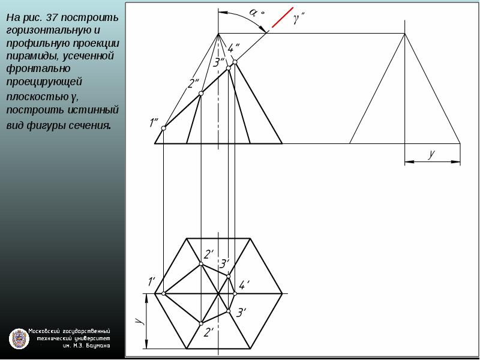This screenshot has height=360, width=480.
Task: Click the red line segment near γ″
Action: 283,17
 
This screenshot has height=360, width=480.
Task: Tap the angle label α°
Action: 256,12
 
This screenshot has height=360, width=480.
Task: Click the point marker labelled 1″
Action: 163,128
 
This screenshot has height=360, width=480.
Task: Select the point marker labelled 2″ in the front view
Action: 201,94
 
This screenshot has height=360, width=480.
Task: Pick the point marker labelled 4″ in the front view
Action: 235,62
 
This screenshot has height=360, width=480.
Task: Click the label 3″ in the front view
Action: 219,62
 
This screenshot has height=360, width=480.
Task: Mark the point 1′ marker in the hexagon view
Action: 163,293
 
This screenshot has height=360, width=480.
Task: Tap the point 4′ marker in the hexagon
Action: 235,293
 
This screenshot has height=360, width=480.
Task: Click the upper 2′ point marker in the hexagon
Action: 201,264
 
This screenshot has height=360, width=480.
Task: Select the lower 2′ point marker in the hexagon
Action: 201,323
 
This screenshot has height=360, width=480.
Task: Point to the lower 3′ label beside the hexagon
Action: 242,313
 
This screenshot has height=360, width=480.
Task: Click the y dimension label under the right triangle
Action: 431,154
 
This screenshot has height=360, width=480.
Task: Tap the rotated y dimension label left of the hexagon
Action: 140,321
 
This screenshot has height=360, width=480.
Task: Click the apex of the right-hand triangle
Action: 404,34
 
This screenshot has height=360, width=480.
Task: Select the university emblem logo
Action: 19,339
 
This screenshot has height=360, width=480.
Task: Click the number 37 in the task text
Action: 52,17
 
